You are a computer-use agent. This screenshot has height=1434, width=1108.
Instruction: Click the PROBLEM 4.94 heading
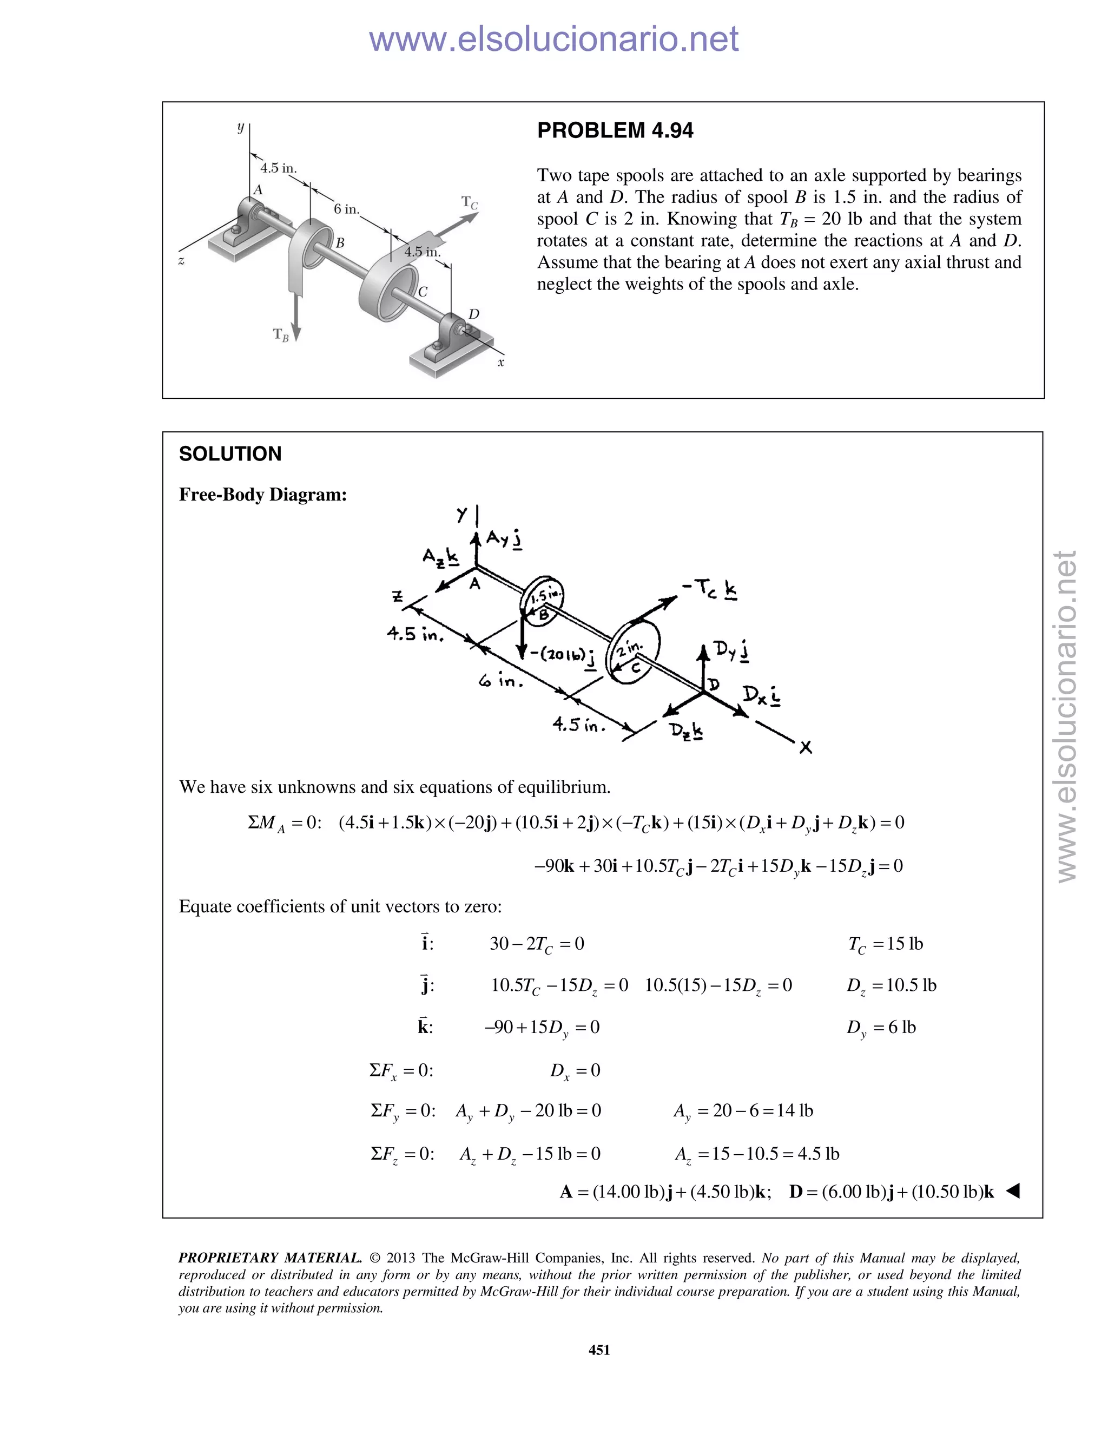[x=615, y=130]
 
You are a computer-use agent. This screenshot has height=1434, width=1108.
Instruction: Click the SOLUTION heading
[x=230, y=453]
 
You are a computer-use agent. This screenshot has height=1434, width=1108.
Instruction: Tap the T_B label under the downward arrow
[x=280, y=336]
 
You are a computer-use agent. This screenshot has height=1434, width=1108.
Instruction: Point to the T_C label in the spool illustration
[x=469, y=202]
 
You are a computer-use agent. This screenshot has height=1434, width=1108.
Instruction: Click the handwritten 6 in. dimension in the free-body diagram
[x=501, y=681]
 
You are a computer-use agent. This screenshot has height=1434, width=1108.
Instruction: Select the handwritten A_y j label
[x=504, y=540]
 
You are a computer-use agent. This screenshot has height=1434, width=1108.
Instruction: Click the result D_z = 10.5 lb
[x=891, y=985]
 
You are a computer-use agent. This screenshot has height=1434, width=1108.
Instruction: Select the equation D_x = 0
[x=575, y=1071]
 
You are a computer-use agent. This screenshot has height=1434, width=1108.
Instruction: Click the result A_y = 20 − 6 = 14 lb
[x=742, y=1111]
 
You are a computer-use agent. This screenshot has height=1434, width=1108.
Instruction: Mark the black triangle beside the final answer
[x=1012, y=1190]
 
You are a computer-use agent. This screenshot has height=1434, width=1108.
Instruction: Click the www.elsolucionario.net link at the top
[x=553, y=39]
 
